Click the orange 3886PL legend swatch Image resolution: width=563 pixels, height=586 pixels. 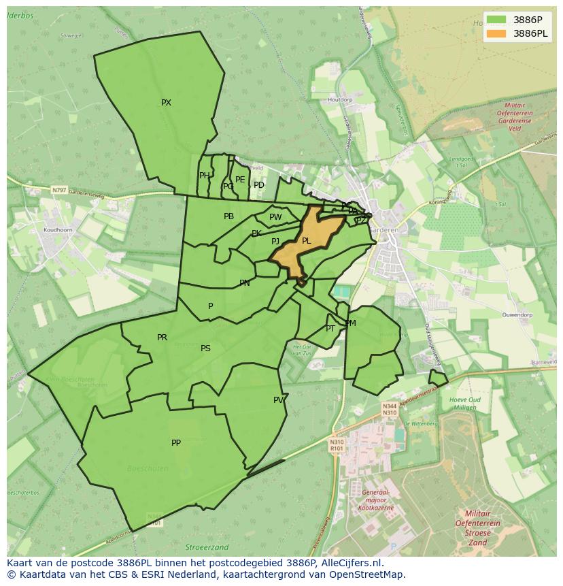[496, 33]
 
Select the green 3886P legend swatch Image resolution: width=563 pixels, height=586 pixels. [496, 20]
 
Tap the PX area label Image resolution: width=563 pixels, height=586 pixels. [166, 103]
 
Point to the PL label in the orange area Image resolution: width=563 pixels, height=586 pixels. [306, 241]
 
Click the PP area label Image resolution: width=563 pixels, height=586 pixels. [176, 443]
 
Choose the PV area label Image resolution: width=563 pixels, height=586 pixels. [278, 400]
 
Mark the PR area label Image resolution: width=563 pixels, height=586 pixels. [162, 338]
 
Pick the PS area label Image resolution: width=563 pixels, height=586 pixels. [205, 348]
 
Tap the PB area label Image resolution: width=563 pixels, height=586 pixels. [228, 216]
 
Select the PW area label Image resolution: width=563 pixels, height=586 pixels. [275, 217]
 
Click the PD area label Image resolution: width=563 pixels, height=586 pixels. [259, 185]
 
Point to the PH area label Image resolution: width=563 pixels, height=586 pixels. [204, 176]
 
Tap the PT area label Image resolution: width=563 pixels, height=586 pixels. [330, 329]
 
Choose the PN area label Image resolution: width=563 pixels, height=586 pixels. [244, 283]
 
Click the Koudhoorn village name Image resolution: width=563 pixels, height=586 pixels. [58, 230]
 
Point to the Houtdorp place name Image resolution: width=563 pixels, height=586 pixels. [340, 99]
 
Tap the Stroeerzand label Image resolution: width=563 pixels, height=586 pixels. [207, 547]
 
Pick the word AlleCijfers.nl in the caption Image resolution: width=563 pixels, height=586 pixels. [351, 563]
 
